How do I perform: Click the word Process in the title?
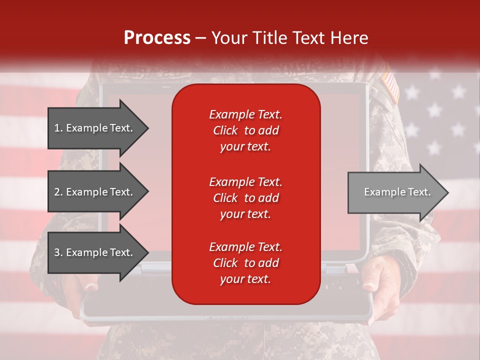[157, 38]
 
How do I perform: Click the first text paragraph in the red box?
[245, 130]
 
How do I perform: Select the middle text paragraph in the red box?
[245, 198]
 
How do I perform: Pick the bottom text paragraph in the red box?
[245, 263]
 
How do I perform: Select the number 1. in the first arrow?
[58, 128]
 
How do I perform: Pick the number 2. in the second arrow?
[58, 192]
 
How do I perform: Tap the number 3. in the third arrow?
[58, 252]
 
